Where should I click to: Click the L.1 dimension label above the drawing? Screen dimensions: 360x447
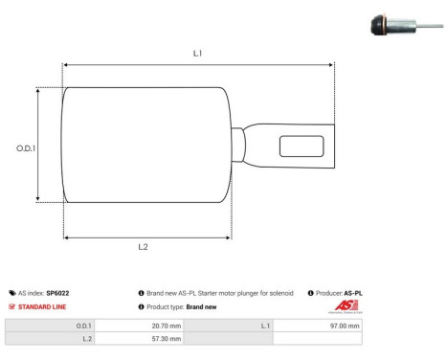point(197,55)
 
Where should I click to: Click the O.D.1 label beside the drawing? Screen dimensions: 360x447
point(26,148)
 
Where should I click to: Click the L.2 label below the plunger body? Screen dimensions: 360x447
point(143,247)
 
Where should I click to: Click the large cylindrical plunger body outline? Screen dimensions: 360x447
point(146,145)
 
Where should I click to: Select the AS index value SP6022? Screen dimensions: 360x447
point(58,293)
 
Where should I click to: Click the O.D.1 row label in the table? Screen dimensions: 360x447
point(83,326)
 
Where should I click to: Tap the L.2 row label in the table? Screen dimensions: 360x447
point(86,339)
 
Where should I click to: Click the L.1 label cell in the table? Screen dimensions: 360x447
point(265,326)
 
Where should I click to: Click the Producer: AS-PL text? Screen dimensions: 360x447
point(340,293)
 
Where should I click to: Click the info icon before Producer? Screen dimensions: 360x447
point(311,293)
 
